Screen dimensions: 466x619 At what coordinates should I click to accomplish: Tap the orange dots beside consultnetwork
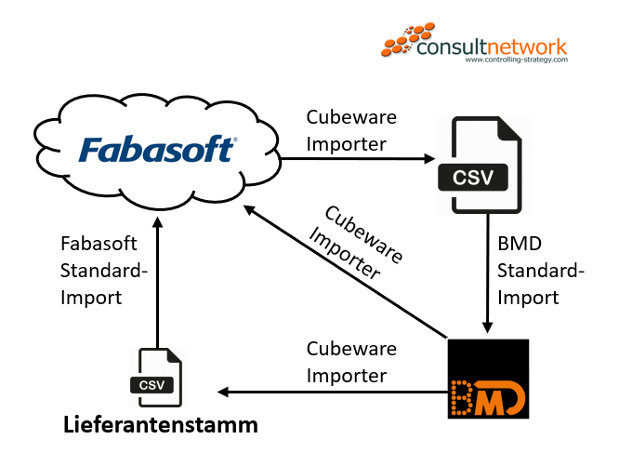[402, 43]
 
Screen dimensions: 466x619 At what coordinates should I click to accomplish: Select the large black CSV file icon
[479, 165]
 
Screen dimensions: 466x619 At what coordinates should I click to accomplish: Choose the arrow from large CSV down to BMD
[485, 279]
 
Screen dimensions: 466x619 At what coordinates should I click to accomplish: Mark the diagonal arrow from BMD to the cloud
[344, 271]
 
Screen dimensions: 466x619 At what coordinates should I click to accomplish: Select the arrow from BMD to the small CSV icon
[325, 390]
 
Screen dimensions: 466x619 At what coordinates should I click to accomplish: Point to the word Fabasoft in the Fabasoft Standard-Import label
[99, 244]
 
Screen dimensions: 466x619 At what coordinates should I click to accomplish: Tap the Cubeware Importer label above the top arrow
[351, 132]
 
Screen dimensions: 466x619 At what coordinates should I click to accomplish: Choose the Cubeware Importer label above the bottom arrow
[351, 362]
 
